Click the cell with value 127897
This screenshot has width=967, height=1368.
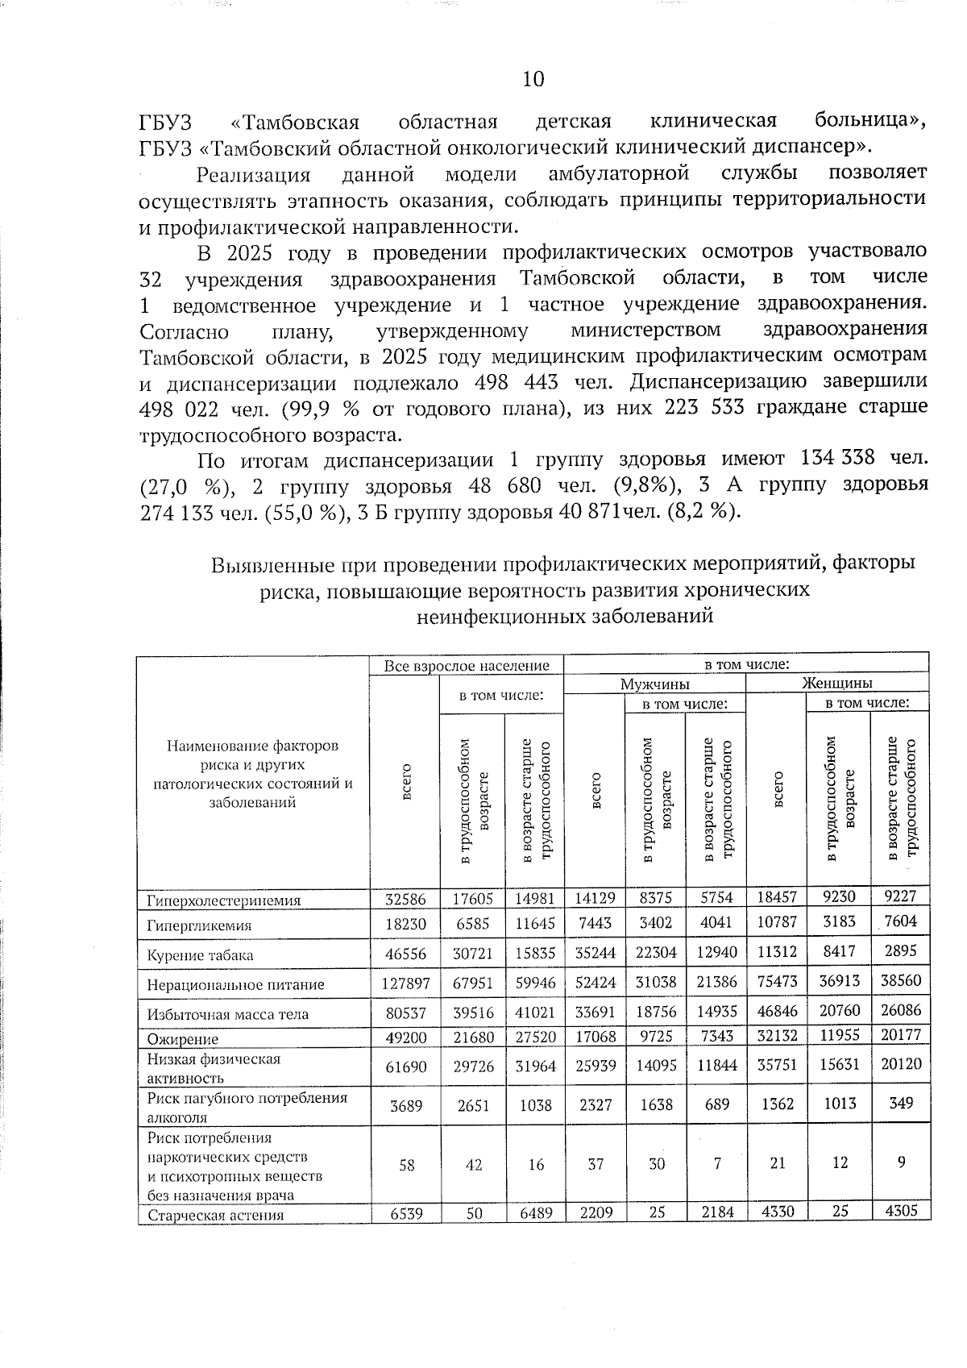click(406, 984)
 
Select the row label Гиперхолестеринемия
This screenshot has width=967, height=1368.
click(224, 900)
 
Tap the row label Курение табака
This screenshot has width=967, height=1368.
click(200, 955)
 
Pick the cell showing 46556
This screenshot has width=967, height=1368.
click(406, 953)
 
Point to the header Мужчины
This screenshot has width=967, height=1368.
click(654, 684)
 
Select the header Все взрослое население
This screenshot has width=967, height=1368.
click(467, 666)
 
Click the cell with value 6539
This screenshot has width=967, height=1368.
click(406, 1213)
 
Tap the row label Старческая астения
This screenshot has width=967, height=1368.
click(215, 1215)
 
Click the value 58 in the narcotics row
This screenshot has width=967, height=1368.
click(406, 1165)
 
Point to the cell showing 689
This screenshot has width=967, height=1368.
click(717, 1104)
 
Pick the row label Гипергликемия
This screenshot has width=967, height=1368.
click(199, 926)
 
